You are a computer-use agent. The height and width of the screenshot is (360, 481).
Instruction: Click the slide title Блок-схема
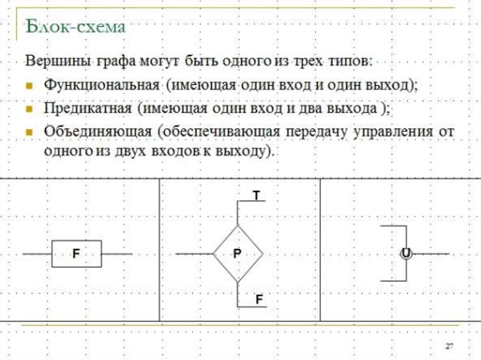click(76, 26)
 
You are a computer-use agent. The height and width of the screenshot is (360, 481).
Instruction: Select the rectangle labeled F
click(76, 254)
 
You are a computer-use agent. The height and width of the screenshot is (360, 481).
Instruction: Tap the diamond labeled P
click(237, 254)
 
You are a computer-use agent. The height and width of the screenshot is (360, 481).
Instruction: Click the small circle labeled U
click(405, 254)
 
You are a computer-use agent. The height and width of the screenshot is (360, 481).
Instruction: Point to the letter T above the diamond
click(256, 195)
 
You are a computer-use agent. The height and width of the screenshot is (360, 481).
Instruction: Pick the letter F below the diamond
click(259, 299)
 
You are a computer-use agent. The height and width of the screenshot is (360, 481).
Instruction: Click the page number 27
click(450, 346)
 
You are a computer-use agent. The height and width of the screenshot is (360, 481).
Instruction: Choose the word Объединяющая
click(97, 131)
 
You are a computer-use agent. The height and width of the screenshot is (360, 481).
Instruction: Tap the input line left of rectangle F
click(37, 254)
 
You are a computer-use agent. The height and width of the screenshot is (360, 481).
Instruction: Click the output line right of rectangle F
click(117, 254)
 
